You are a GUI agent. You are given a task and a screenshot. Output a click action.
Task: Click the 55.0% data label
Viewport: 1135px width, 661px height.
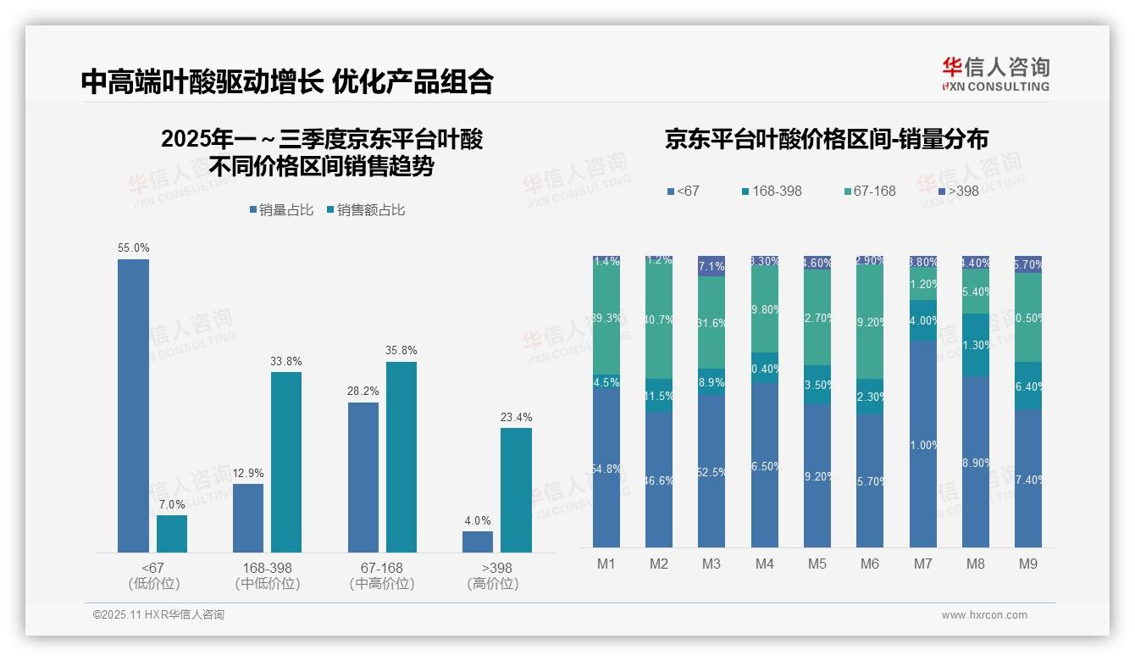[133, 248]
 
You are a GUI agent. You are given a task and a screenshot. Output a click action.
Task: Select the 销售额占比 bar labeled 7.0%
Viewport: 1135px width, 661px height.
[172, 534]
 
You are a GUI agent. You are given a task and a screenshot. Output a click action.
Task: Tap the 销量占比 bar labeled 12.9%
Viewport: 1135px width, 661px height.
[248, 518]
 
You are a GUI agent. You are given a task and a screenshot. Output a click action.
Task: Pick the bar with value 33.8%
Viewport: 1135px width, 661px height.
[286, 462]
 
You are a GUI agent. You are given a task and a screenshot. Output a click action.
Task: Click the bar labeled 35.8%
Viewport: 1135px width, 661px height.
[401, 457]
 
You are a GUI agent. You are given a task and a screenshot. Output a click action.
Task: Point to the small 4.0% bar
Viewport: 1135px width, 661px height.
[478, 542]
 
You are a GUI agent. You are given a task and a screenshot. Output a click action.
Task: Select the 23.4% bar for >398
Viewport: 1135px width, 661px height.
[516, 490]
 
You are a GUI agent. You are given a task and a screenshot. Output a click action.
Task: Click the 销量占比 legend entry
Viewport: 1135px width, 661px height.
[283, 209]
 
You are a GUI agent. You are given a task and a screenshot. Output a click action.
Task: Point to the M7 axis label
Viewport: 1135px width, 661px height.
[923, 564]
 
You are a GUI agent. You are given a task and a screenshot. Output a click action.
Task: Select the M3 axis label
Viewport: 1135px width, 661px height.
[711, 564]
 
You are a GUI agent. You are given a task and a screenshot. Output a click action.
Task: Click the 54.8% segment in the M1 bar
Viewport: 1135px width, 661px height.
[606, 468]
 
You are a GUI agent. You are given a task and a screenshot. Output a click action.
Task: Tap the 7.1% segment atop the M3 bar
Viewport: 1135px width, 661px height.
[711, 266]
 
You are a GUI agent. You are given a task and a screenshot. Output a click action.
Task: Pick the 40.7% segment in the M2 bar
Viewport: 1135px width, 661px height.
[659, 320]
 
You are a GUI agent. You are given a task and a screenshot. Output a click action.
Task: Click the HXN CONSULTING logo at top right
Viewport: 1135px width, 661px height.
[995, 75]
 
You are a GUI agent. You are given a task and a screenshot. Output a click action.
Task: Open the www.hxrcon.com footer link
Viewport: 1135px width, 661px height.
[984, 615]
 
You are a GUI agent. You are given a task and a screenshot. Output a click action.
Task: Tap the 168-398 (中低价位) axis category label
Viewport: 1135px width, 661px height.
[268, 575]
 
